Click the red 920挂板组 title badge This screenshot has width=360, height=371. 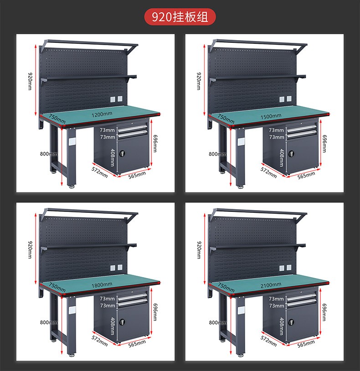(180, 17)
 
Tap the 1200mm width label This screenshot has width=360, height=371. (102, 114)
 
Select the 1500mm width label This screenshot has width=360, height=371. (271, 116)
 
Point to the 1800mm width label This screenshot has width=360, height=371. (102, 285)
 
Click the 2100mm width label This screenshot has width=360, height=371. (271, 285)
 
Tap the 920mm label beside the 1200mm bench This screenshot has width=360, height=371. (30, 81)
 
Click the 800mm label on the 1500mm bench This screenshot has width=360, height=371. (217, 154)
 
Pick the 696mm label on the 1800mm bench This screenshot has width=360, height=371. (155, 312)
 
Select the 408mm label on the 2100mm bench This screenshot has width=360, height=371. (282, 326)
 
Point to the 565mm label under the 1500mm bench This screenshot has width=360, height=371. (306, 175)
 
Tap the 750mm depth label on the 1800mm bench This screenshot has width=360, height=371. (57, 287)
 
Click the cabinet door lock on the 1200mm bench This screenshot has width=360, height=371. (122, 153)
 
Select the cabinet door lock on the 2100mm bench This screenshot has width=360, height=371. (291, 322)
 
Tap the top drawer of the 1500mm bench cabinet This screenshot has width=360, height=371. (301, 129)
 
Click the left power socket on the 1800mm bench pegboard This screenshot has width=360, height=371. (113, 268)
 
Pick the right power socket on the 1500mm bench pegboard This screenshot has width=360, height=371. (289, 98)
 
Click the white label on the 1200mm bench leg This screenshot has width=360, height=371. (72, 141)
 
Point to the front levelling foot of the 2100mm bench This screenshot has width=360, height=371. (241, 355)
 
